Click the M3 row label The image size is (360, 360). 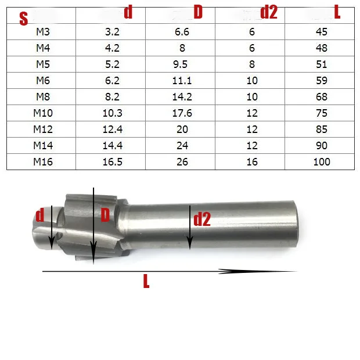click(43, 32)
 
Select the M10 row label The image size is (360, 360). click(43, 113)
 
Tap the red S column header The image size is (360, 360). click(24, 19)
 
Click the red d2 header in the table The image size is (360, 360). click(269, 12)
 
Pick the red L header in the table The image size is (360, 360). click(337, 12)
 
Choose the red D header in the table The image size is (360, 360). click(198, 12)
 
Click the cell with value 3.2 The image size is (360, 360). click(112, 32)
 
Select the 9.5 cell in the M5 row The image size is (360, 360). click(180, 64)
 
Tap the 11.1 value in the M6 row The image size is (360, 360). click(182, 81)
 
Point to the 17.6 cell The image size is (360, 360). click(182, 113)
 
